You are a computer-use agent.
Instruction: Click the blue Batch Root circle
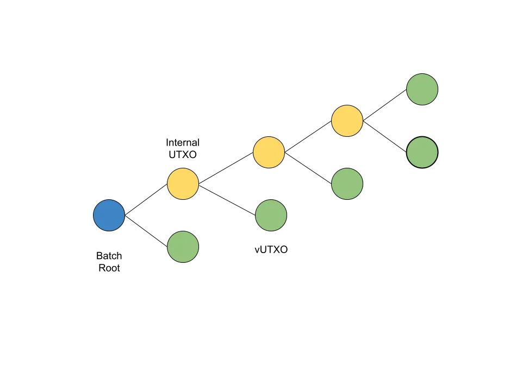[109, 215]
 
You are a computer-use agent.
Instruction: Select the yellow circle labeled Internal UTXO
[183, 184]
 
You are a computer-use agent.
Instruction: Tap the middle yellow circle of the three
[269, 152]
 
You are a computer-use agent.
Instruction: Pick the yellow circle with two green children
[347, 121]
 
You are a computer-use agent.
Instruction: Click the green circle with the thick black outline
[422, 152]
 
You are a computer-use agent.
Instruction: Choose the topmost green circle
[422, 89]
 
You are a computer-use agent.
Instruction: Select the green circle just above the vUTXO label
[271, 215]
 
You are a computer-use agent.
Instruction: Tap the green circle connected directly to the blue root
[183, 247]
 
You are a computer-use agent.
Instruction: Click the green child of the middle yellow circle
[347, 184]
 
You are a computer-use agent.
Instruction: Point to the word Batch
[109, 256]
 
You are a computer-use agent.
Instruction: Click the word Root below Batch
[109, 268]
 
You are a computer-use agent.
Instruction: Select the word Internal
[183, 143]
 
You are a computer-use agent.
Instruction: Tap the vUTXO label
[271, 250]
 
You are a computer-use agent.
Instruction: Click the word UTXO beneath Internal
[183, 155]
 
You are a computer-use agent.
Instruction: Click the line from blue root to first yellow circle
[146, 199]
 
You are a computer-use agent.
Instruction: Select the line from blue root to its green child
[146, 231]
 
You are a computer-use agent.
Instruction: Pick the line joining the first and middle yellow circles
[226, 168]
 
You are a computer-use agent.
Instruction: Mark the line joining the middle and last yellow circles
[308, 136]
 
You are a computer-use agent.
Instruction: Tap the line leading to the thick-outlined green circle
[385, 136]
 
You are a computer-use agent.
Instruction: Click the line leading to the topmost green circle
[385, 105]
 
